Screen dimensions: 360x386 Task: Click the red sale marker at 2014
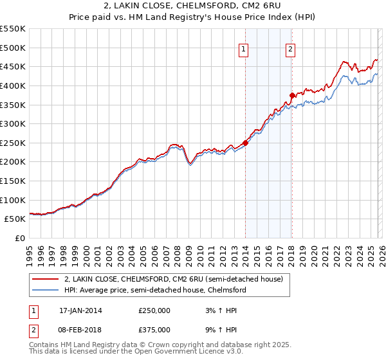tap(245, 143)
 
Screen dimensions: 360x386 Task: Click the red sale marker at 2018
tap(291, 95)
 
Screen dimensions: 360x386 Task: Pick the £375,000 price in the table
tap(154, 329)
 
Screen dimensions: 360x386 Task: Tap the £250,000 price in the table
tap(154, 310)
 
